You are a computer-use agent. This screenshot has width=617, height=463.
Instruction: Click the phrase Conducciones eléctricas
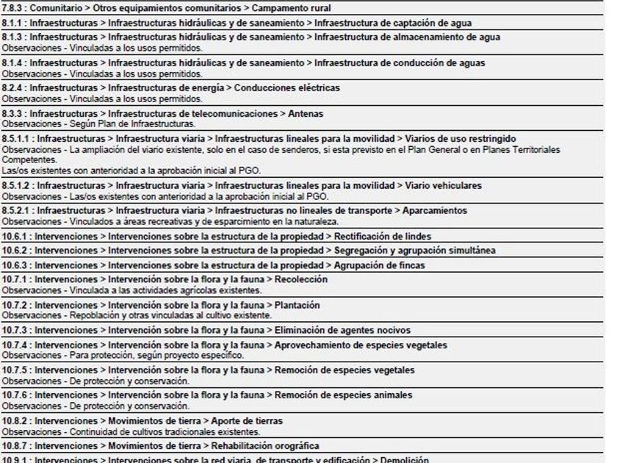[287, 87]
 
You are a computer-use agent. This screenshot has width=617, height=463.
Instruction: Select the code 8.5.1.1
[15, 139]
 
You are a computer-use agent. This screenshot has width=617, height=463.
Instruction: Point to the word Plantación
[297, 305]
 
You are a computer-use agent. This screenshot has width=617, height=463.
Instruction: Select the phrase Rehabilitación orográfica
[268, 446]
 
